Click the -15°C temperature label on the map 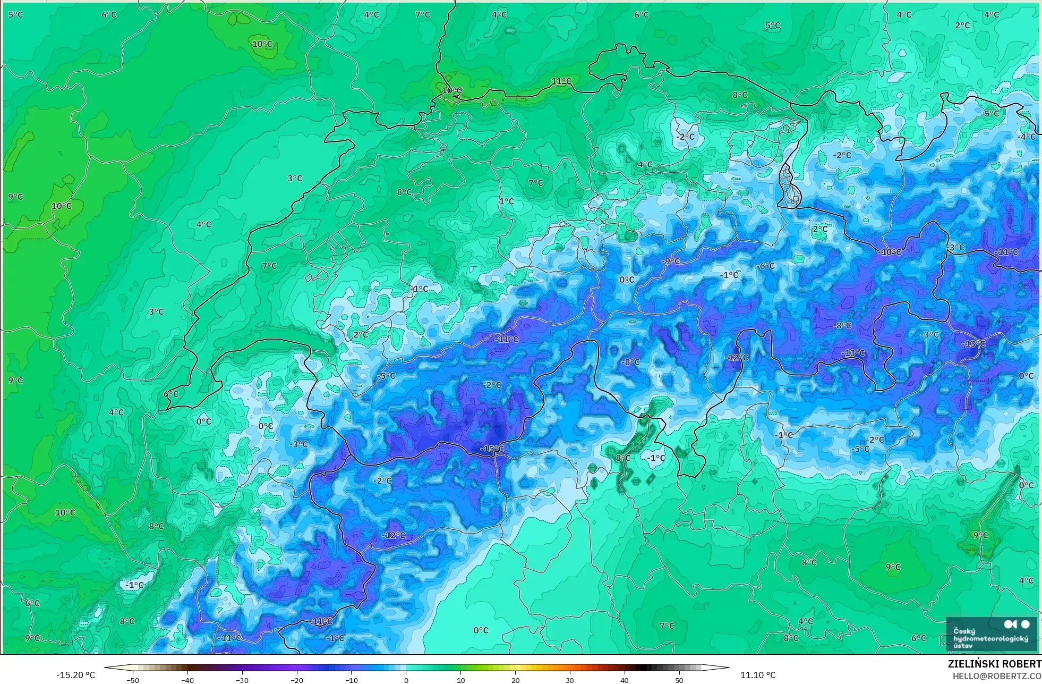492,449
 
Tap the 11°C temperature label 561,81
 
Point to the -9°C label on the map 671,261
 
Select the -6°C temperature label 766,266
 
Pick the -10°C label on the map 891,252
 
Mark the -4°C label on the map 1027,137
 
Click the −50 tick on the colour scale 133,680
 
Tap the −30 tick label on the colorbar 242,680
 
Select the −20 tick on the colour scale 297,680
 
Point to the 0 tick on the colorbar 406,680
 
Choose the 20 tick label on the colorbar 515,680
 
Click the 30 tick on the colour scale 570,680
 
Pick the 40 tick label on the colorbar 625,680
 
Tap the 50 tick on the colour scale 679,680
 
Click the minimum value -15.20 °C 76,675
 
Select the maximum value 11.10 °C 758,675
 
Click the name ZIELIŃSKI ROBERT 994,664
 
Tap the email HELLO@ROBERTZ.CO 997,676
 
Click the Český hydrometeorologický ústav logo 991,634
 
